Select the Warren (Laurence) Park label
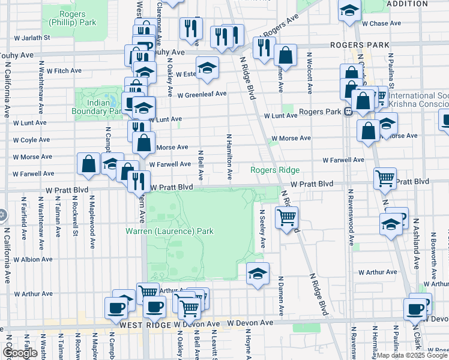169,230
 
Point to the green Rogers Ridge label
275,170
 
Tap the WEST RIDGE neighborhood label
146,324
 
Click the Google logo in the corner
20,353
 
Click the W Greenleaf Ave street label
201,94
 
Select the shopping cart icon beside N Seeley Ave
287,217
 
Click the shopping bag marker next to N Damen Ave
286,56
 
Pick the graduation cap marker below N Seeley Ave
258,274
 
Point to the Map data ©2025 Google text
412,355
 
